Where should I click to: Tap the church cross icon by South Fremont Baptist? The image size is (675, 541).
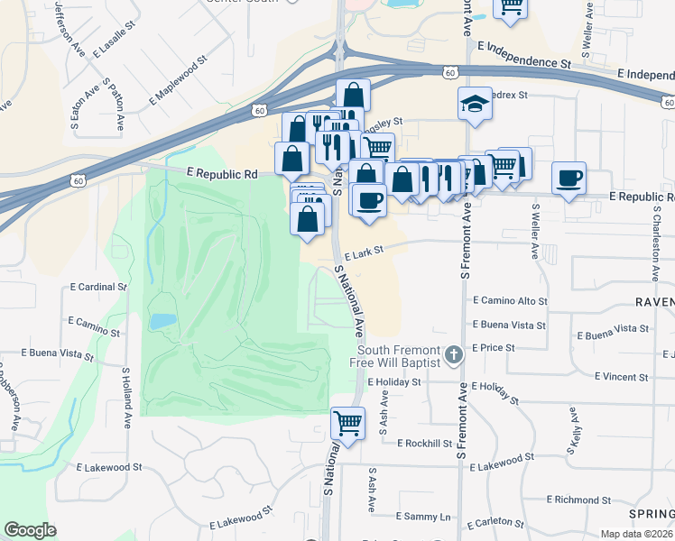(455, 355)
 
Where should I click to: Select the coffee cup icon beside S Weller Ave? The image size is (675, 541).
(569, 178)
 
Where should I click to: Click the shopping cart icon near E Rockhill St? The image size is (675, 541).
(347, 422)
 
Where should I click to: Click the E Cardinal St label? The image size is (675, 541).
(97, 287)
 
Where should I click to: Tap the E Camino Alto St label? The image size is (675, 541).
(510, 300)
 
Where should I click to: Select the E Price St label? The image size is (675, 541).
(493, 347)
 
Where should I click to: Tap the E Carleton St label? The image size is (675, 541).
(496, 522)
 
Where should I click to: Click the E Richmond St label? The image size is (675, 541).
(585, 499)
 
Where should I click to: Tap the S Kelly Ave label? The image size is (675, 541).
(574, 425)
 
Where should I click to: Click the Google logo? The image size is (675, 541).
(30, 530)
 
